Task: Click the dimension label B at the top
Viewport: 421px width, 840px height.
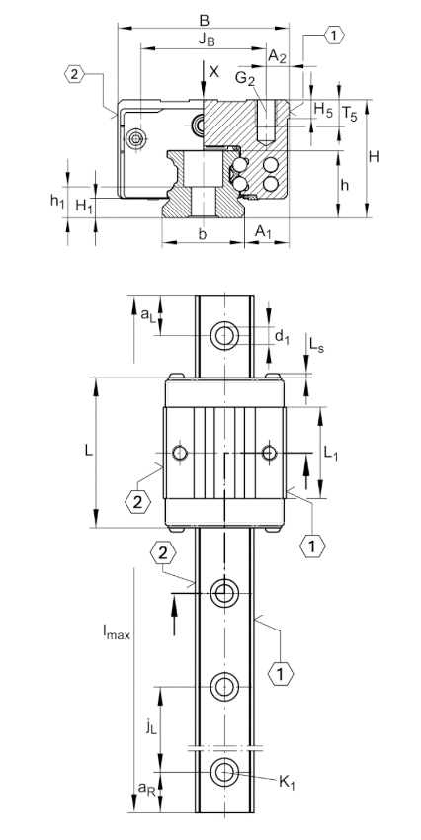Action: coord(204,21)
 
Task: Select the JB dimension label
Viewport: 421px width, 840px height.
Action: coord(208,40)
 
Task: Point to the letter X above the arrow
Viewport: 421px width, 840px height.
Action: coord(214,72)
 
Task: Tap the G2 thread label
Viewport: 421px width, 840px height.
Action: coord(245,79)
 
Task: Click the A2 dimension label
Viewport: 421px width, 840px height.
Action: coord(277,56)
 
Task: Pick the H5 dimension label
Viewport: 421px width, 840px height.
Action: coord(323,111)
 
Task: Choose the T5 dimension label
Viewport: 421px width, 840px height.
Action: coord(349,114)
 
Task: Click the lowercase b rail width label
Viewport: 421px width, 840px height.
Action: coord(202,234)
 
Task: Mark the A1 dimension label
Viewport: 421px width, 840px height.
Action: coord(263,232)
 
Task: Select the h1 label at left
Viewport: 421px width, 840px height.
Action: coord(57,201)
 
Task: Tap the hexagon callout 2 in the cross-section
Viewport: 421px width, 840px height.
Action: coord(74,74)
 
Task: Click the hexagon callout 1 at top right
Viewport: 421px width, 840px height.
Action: coord(334,36)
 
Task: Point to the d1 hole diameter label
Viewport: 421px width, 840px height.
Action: coord(282,337)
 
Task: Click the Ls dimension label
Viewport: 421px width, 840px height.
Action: coord(316,347)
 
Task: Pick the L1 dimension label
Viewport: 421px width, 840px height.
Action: coord(331,454)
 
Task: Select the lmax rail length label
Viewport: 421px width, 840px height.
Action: coord(117,633)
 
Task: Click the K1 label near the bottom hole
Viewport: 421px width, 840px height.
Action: coord(288,782)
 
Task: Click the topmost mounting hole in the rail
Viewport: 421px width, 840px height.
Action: coord(224,336)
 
